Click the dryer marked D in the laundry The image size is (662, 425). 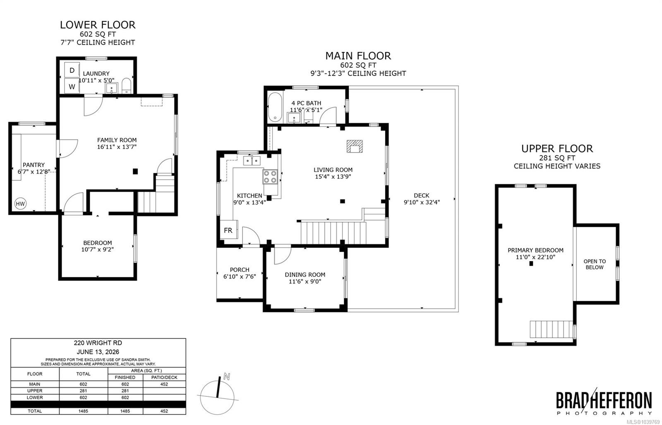tap(72, 70)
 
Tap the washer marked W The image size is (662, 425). tap(72, 86)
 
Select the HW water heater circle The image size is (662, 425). tap(20, 204)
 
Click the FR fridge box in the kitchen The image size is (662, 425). tap(228, 230)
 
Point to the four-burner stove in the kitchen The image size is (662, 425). tap(270, 177)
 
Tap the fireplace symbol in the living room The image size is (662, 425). tap(355, 146)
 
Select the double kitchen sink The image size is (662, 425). tap(252, 161)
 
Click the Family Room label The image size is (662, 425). tap(117, 140)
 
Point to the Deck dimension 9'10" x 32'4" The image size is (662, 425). tap(422, 202)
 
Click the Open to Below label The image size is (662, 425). tap(595, 264)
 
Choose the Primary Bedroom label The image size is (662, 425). tap(535, 250)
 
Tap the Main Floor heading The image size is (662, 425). tap(358, 55)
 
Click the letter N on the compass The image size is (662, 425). tap(227, 377)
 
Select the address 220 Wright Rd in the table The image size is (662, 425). tap(98, 343)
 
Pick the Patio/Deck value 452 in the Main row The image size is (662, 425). tap(164, 384)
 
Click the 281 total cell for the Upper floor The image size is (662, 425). tap(83, 391)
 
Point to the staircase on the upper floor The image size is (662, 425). tap(551, 329)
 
